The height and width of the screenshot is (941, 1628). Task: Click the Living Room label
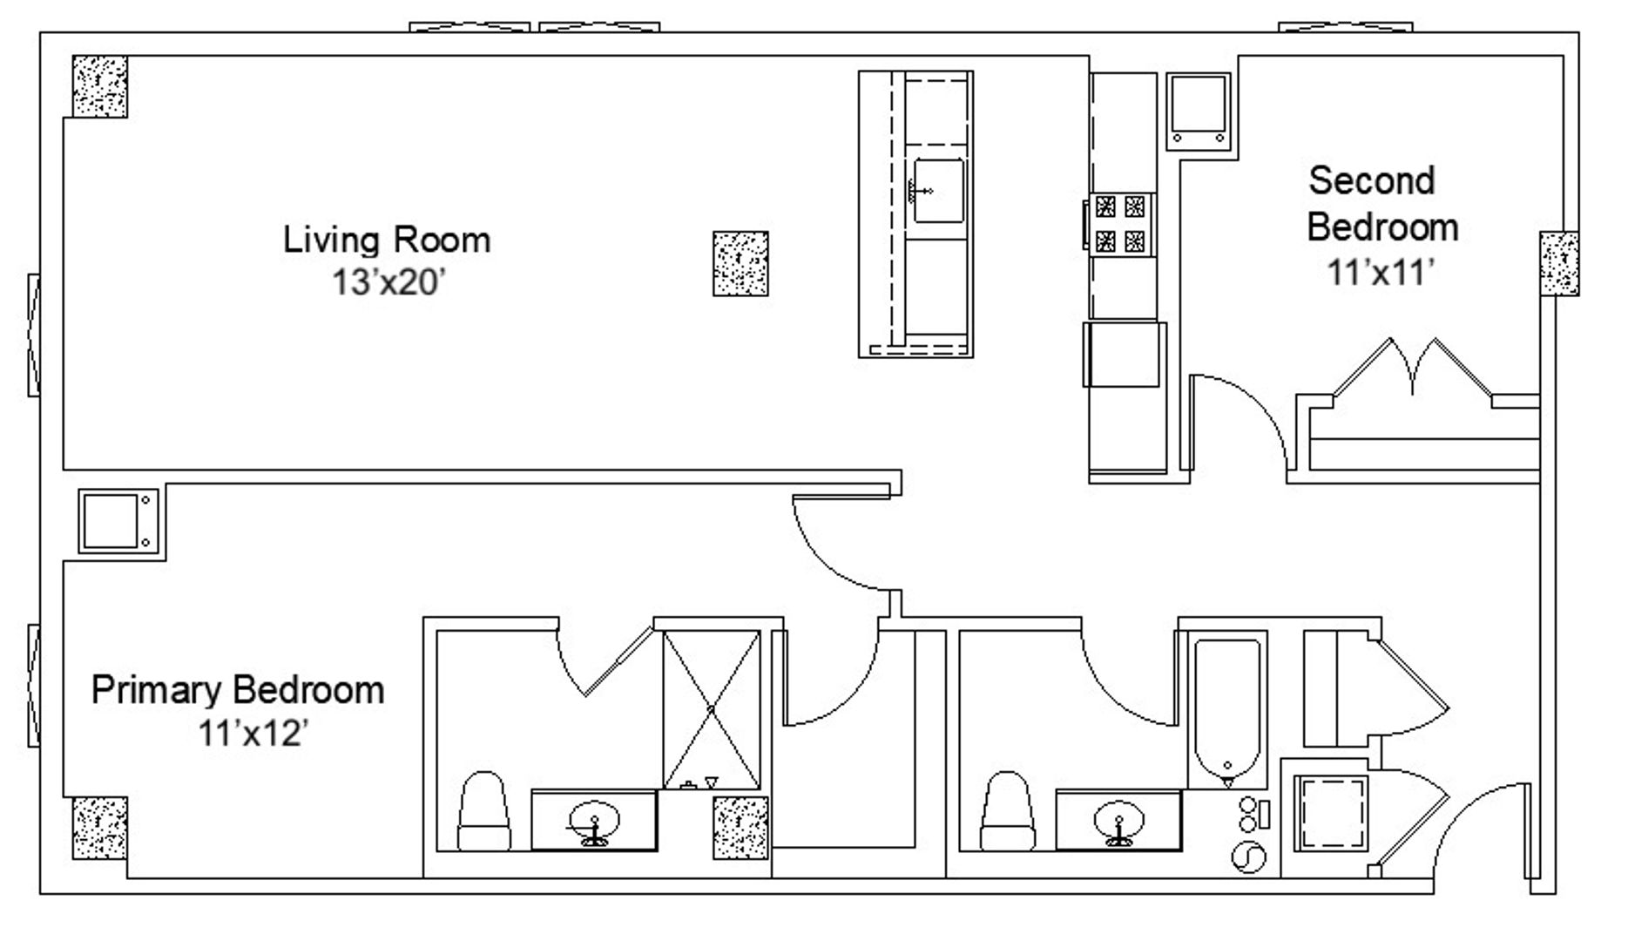pyautogui.click(x=387, y=240)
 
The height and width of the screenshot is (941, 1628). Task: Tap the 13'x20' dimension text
pyautogui.click(x=388, y=282)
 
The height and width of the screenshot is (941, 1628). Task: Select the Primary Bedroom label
pyautogui.click(x=238, y=690)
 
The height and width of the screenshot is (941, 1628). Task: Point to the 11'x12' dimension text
pyautogui.click(x=253, y=734)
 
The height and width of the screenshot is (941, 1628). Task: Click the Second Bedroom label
pyautogui.click(x=1382, y=204)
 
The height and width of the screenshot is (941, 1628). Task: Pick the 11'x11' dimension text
pyautogui.click(x=1381, y=273)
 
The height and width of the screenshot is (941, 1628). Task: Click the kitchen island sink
pyautogui.click(x=937, y=190)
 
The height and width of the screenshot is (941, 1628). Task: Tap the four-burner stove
pyautogui.click(x=1120, y=224)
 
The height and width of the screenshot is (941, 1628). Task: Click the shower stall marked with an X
pyautogui.click(x=711, y=709)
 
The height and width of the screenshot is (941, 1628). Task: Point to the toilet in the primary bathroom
pyautogui.click(x=483, y=810)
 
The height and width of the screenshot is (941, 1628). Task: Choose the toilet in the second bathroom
pyautogui.click(x=1008, y=810)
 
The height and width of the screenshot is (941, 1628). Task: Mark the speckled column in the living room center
pyautogui.click(x=740, y=263)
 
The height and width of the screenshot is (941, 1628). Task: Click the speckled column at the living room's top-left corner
pyautogui.click(x=99, y=86)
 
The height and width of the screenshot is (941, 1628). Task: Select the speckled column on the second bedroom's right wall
pyautogui.click(x=1559, y=263)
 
